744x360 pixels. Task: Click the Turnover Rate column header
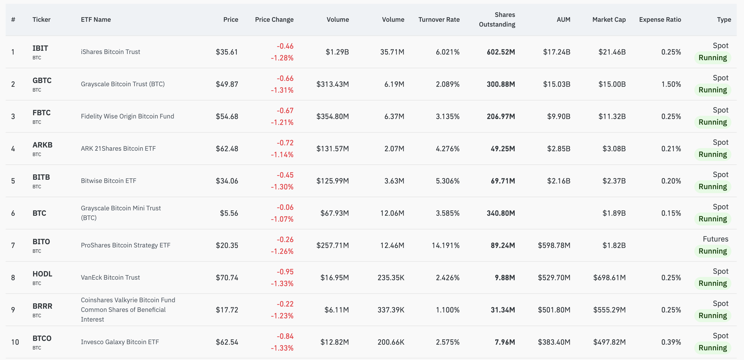pos(439,20)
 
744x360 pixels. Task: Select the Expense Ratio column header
pos(660,20)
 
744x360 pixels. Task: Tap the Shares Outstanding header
pos(497,20)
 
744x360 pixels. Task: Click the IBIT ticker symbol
pos(40,48)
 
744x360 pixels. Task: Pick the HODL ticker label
pos(42,274)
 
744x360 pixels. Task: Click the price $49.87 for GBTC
pos(227,84)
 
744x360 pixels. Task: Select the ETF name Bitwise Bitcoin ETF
pos(108,181)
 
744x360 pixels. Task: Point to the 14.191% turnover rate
pos(445,245)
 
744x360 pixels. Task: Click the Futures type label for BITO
pos(715,239)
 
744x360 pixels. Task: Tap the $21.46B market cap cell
pos(612,52)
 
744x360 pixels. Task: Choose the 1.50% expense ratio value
pos(671,84)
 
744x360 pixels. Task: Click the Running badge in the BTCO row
pos(712,348)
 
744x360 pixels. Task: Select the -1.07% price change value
pos(282,219)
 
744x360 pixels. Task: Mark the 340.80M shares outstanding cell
pos(500,213)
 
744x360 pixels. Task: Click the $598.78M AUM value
pos(554,245)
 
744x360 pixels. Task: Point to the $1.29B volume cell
pos(337,52)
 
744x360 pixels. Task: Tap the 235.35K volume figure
pos(391,278)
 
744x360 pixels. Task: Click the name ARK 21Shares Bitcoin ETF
pos(118,148)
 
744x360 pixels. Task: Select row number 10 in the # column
pos(15,342)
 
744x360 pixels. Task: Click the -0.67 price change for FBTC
pos(285,111)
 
